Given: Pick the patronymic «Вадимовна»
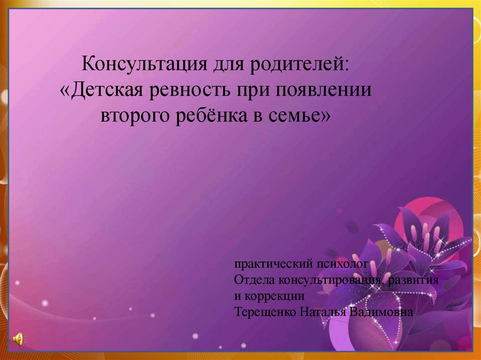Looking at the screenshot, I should (x=381, y=312).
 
